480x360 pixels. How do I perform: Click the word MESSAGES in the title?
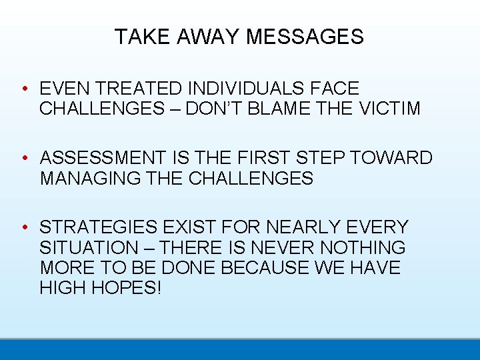pyautogui.click(x=305, y=37)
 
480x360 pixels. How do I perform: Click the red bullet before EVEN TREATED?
pyautogui.click(x=23, y=89)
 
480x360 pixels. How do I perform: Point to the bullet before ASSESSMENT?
pyautogui.click(x=23, y=159)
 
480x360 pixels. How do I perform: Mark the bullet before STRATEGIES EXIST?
pyautogui.click(x=23, y=228)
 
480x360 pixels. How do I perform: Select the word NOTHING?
pyautogui.click(x=363, y=248)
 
